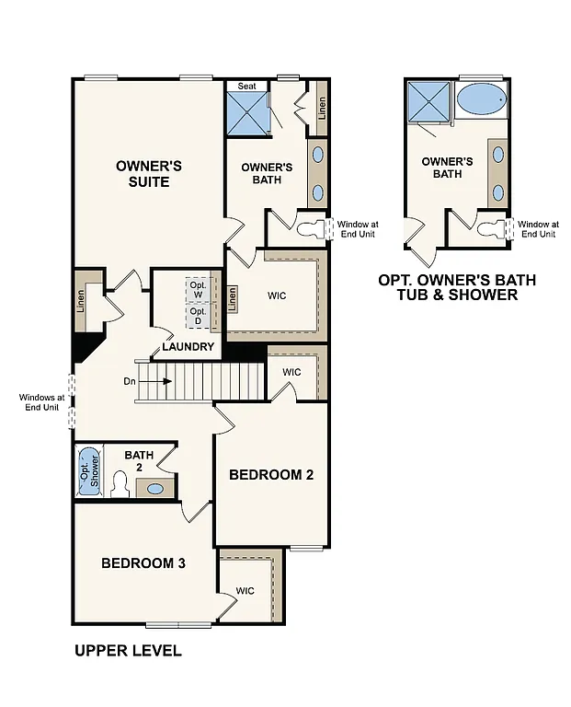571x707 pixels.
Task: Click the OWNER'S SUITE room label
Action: coord(148,174)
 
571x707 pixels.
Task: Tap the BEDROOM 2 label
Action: coord(271,475)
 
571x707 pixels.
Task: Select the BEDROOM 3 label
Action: coord(143,562)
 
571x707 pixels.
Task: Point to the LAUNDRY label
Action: coord(188,347)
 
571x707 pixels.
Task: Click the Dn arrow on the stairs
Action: coord(156,380)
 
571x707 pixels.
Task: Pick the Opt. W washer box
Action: coord(198,287)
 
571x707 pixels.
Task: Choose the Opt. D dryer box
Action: coord(198,316)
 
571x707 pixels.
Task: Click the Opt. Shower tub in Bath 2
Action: coord(89,470)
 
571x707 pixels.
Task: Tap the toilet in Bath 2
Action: coord(119,485)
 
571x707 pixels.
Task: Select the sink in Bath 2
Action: coord(157,489)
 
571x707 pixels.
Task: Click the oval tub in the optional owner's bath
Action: coord(482,98)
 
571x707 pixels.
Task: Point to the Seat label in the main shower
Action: coord(246,86)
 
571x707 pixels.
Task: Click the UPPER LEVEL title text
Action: coord(128,651)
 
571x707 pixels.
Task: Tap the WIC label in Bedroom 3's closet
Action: coord(245,591)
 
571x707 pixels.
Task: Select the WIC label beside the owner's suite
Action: coord(278,296)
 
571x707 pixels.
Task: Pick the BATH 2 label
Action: coord(139,460)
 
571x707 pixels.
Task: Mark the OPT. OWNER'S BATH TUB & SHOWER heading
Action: coord(457,287)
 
